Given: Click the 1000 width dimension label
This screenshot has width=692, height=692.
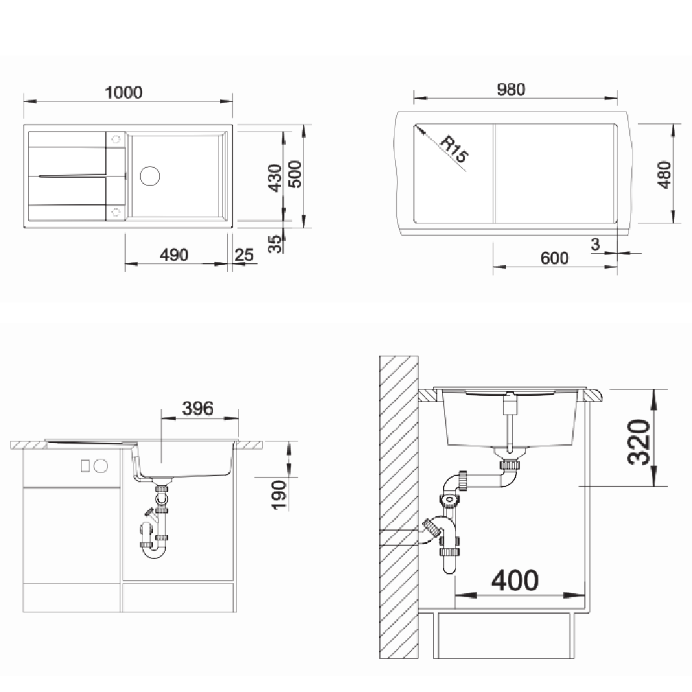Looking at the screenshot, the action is coord(124,92).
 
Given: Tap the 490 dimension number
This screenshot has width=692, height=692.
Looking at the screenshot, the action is coord(174,255).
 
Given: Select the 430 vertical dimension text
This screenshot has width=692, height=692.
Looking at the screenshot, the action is coord(275,178).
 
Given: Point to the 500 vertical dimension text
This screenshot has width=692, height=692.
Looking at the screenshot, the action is coord(295,174).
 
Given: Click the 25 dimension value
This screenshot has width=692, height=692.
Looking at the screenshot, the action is coord(244,255).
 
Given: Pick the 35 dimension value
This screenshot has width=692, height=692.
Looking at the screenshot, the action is coord(275,244).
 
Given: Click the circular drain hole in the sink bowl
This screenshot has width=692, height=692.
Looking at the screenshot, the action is coord(149,176).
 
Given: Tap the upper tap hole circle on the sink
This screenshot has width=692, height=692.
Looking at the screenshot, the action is coord(116,140).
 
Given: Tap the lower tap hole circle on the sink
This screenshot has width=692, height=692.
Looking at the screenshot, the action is coord(116,212).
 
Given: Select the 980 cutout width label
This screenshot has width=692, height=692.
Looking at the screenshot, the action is coord(511,89).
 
